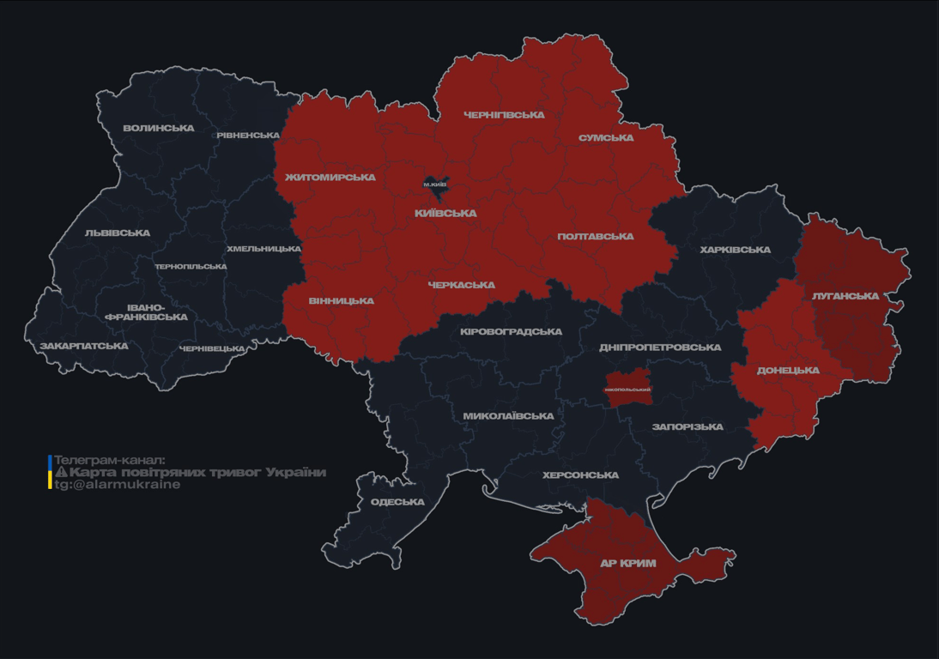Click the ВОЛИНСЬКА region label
(159, 129)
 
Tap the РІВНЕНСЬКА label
(248, 136)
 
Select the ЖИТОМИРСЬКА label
(330, 178)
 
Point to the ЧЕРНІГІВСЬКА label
(504, 115)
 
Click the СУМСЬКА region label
(606, 138)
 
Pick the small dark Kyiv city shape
(435, 184)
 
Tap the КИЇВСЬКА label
(445, 214)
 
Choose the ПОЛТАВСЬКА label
(596, 237)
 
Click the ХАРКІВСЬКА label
(735, 251)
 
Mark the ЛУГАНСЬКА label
(845, 296)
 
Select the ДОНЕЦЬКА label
(788, 371)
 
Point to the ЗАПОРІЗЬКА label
(688, 427)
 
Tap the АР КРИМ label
(627, 564)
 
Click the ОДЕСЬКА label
(397, 502)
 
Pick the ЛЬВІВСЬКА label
(118, 233)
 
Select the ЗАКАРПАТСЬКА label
(84, 347)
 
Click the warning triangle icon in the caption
(61, 473)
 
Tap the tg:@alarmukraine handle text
(118, 485)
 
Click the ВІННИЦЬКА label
(342, 301)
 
